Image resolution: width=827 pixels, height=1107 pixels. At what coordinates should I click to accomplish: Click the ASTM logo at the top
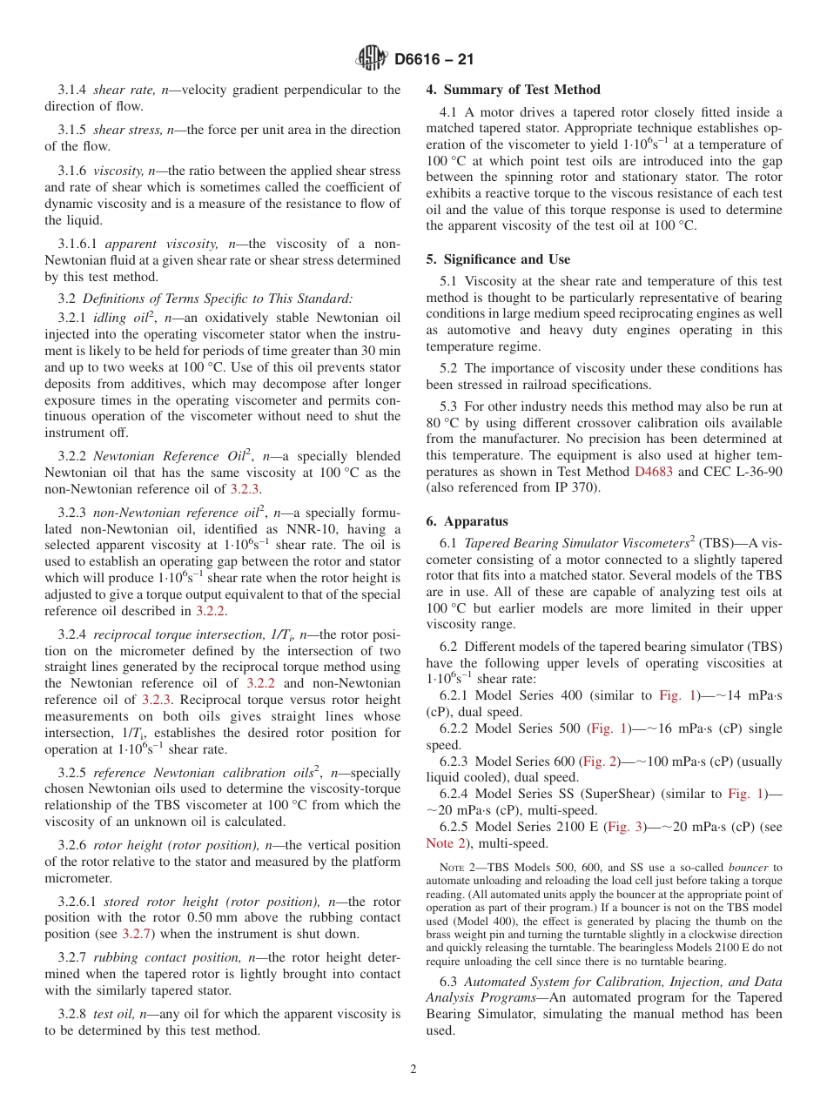(x=372, y=59)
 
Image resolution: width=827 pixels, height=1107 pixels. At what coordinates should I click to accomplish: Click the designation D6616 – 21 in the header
(x=434, y=60)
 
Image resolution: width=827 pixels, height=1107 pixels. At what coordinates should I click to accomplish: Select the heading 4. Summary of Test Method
(x=513, y=90)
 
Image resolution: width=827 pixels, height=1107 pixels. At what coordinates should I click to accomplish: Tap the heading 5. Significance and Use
(x=498, y=259)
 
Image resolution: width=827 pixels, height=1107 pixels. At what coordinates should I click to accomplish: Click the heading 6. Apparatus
(x=467, y=521)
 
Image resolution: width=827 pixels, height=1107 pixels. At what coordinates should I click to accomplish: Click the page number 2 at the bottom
(x=413, y=1069)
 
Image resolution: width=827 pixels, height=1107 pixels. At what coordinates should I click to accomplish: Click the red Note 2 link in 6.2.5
(x=440, y=843)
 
